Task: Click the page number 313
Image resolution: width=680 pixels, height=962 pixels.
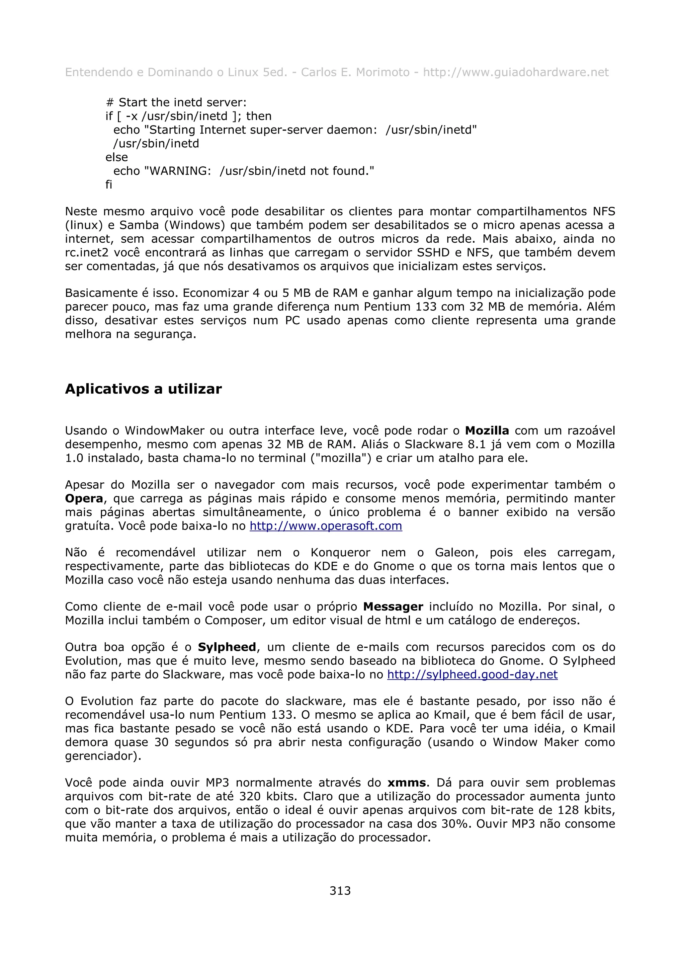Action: click(340, 890)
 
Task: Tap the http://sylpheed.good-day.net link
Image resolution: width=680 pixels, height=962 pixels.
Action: click(472, 675)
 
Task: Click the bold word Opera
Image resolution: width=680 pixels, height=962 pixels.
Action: click(84, 499)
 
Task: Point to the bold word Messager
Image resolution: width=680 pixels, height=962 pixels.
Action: click(393, 607)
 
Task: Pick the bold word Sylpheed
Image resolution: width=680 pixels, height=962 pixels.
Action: click(227, 647)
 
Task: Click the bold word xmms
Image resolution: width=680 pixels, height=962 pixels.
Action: click(406, 783)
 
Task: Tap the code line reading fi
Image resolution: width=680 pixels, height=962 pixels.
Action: click(109, 185)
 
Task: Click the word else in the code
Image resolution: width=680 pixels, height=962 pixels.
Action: click(117, 157)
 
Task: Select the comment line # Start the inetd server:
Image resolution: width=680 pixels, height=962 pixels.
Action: click(176, 102)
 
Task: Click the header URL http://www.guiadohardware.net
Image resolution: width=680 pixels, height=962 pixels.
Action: click(515, 72)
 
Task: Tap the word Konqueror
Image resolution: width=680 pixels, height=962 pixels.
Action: click(340, 553)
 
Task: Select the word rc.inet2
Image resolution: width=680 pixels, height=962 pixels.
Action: click(86, 253)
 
